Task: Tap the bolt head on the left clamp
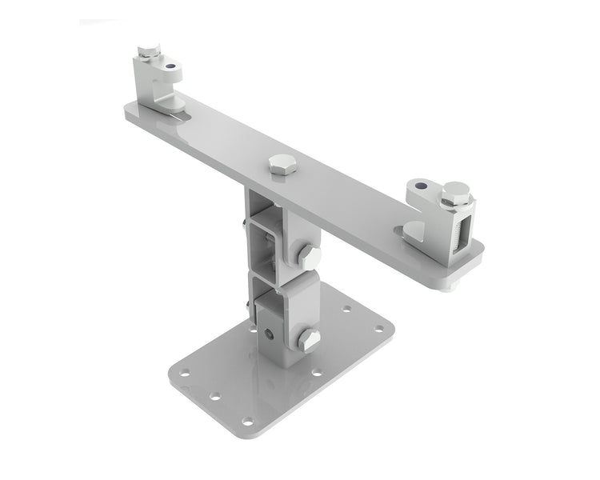pos(146,53)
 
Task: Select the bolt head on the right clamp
pos(456,192)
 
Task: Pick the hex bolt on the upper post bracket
pos(308,256)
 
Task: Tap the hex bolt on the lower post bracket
pos(308,340)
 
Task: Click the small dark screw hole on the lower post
pos(270,334)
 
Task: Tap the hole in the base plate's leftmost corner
pos(185,373)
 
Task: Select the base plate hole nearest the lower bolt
pos(317,373)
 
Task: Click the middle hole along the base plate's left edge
pos(214,395)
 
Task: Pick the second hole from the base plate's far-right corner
pos(346,309)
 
